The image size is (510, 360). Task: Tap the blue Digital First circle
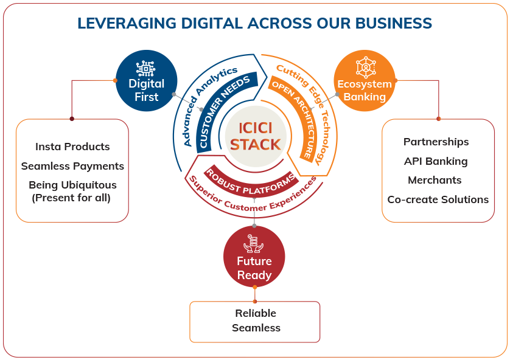tap(147, 81)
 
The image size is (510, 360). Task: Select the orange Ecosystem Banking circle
tap(365, 81)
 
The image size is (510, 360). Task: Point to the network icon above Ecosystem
tap(365, 65)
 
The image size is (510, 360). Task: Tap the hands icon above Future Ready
tap(254, 243)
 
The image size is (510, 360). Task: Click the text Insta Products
tap(72, 147)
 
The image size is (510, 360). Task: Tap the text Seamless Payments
tap(72, 166)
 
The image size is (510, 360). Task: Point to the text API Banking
tap(436, 161)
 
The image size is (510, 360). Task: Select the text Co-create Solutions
tap(438, 199)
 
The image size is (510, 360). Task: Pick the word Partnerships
tap(436, 142)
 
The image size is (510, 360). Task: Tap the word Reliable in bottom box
tap(256, 313)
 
